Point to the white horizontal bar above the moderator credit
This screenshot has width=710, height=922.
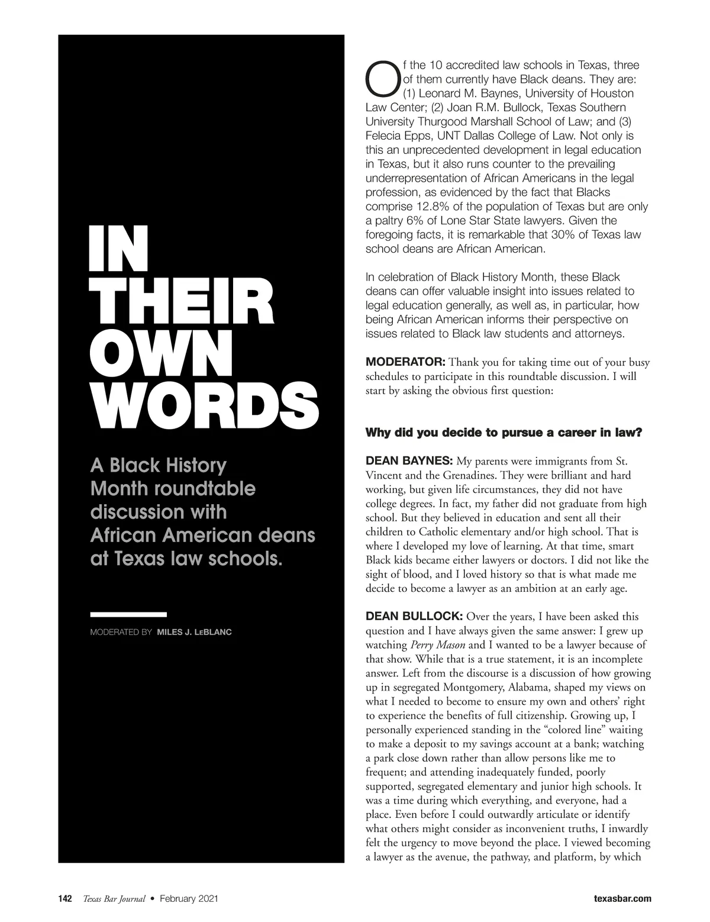coord(128,614)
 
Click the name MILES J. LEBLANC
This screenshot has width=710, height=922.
coord(194,632)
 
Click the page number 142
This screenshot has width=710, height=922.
coord(64,898)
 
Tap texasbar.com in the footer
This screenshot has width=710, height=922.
coord(622,898)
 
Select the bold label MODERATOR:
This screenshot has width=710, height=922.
coord(405,362)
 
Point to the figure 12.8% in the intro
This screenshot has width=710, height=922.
coord(420,207)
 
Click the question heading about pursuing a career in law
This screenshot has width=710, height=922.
coord(504,433)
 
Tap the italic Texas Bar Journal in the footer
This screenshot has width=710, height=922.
coord(114,898)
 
